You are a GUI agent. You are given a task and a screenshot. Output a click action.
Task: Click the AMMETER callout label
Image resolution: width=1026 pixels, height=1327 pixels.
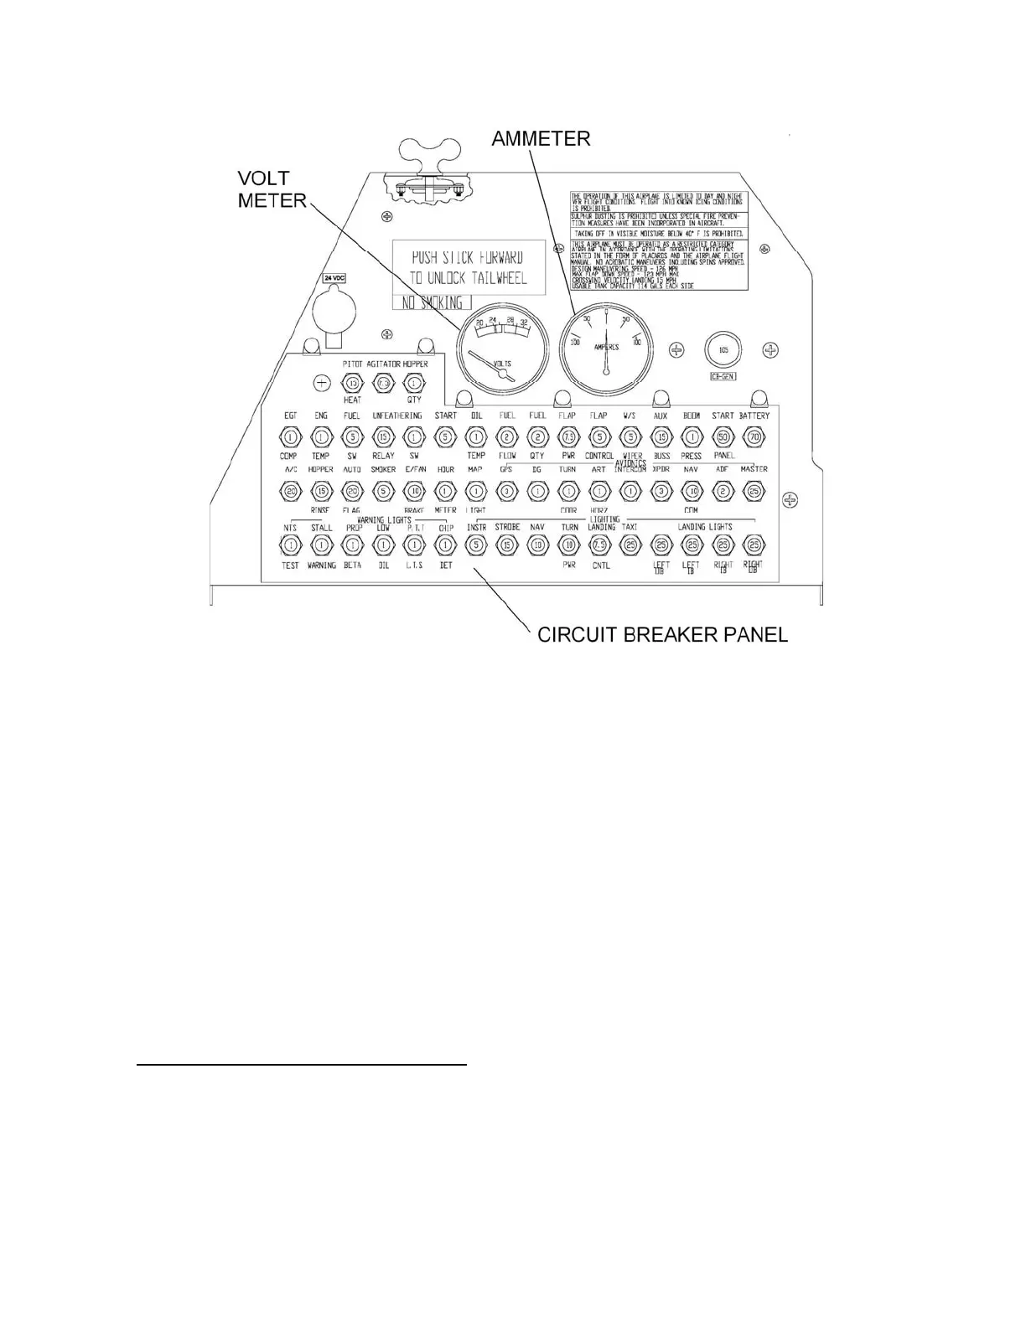click(x=541, y=138)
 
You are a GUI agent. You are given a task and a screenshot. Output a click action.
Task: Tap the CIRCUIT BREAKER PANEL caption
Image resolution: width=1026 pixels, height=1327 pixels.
click(x=662, y=634)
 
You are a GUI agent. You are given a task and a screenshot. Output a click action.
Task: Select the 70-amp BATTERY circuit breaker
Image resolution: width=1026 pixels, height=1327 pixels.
click(x=754, y=436)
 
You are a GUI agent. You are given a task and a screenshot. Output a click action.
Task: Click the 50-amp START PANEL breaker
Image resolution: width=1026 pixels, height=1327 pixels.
click(x=723, y=436)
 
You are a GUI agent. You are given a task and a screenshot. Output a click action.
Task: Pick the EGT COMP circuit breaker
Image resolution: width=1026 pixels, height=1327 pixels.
click(x=289, y=436)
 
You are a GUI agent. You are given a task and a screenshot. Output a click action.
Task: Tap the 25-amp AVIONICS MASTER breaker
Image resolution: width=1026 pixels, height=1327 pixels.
click(x=754, y=491)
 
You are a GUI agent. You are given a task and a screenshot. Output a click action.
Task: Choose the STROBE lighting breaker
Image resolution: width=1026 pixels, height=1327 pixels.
click(x=507, y=545)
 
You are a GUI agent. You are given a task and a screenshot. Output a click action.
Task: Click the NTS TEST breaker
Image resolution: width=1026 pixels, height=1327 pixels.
click(x=290, y=545)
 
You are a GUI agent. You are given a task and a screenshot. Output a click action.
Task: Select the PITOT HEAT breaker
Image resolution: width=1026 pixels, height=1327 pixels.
click(x=352, y=384)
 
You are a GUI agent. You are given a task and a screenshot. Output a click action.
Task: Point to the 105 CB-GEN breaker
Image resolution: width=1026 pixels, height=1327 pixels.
click(x=723, y=349)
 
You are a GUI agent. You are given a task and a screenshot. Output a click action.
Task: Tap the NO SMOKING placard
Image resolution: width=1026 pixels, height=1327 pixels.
click(x=433, y=303)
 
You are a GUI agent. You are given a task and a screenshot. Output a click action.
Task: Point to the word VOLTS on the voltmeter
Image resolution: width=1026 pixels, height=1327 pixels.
click(x=502, y=364)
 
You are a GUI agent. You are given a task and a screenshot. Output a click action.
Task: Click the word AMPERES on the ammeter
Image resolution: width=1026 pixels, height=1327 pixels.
click(x=606, y=347)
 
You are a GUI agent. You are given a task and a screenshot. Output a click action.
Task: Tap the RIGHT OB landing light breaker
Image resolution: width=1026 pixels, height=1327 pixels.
click(x=754, y=545)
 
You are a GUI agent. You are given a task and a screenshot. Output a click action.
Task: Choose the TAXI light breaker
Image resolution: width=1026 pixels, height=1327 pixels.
click(x=630, y=545)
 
